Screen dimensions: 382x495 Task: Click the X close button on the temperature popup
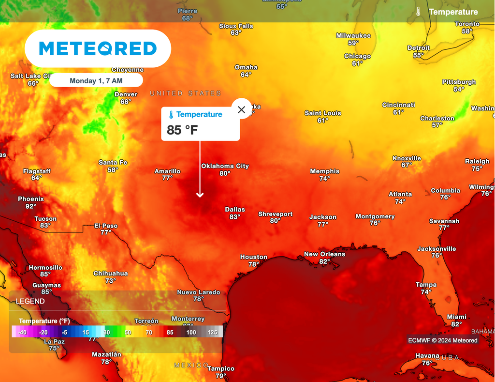[x=242, y=109]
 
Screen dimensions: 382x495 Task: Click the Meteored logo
[x=98, y=48]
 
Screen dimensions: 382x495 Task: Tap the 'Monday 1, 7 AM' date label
[x=96, y=81]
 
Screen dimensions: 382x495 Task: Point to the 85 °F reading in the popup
[x=182, y=130]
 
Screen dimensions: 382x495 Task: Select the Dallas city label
[x=235, y=210]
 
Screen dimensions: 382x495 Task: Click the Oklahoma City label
[x=225, y=166]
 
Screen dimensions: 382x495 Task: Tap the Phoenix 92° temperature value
[x=31, y=206]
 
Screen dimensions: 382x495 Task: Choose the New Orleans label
[x=325, y=254]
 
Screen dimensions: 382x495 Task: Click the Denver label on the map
[x=126, y=94]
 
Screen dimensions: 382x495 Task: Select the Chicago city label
[x=357, y=56]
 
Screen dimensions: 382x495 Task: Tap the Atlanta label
[x=400, y=194]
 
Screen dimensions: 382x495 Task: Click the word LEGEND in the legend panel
[x=30, y=301]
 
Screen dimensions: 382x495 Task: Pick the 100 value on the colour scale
[x=191, y=332]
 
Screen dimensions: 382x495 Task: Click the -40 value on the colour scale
[x=22, y=332]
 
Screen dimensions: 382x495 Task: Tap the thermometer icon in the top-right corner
[x=418, y=12]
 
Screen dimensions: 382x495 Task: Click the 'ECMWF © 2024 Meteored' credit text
[x=442, y=340]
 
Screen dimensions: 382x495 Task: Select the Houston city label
[x=254, y=257]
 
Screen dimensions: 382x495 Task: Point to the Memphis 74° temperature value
[x=324, y=179]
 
